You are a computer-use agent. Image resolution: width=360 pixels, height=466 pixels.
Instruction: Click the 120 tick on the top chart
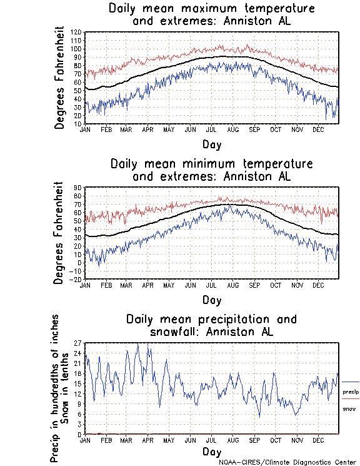[76, 32]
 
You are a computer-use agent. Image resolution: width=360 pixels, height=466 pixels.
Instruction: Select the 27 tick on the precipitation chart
[78, 343]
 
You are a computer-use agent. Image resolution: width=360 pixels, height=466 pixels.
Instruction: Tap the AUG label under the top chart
[232, 129]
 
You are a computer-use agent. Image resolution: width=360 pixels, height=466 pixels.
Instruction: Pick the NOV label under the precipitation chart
[297, 440]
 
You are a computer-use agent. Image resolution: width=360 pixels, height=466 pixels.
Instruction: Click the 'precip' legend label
[351, 392]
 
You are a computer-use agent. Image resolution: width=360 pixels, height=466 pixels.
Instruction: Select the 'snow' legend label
[350, 408]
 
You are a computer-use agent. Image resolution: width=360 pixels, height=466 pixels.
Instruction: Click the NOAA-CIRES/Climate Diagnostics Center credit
[288, 462]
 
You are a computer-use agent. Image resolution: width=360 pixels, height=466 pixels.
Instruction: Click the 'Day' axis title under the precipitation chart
[211, 452]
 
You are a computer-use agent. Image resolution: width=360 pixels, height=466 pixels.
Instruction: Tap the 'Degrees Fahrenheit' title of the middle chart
[60, 233]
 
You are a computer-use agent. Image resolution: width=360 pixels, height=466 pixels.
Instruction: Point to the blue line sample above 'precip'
[351, 382]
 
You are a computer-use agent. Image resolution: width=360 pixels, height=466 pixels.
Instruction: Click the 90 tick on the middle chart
[78, 187]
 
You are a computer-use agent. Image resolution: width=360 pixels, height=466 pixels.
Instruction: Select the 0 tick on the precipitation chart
[80, 434]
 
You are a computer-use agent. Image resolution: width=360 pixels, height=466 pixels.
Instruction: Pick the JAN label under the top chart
[86, 129]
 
